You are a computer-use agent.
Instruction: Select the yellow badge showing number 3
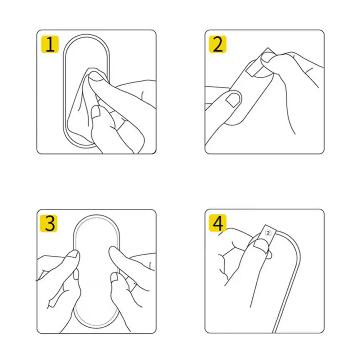(50, 223)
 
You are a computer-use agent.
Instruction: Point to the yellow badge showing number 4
(218, 223)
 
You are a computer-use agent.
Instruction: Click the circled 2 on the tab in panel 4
(267, 233)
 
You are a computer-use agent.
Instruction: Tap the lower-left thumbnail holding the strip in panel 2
(233, 98)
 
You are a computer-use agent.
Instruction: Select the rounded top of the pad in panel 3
(96, 218)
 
